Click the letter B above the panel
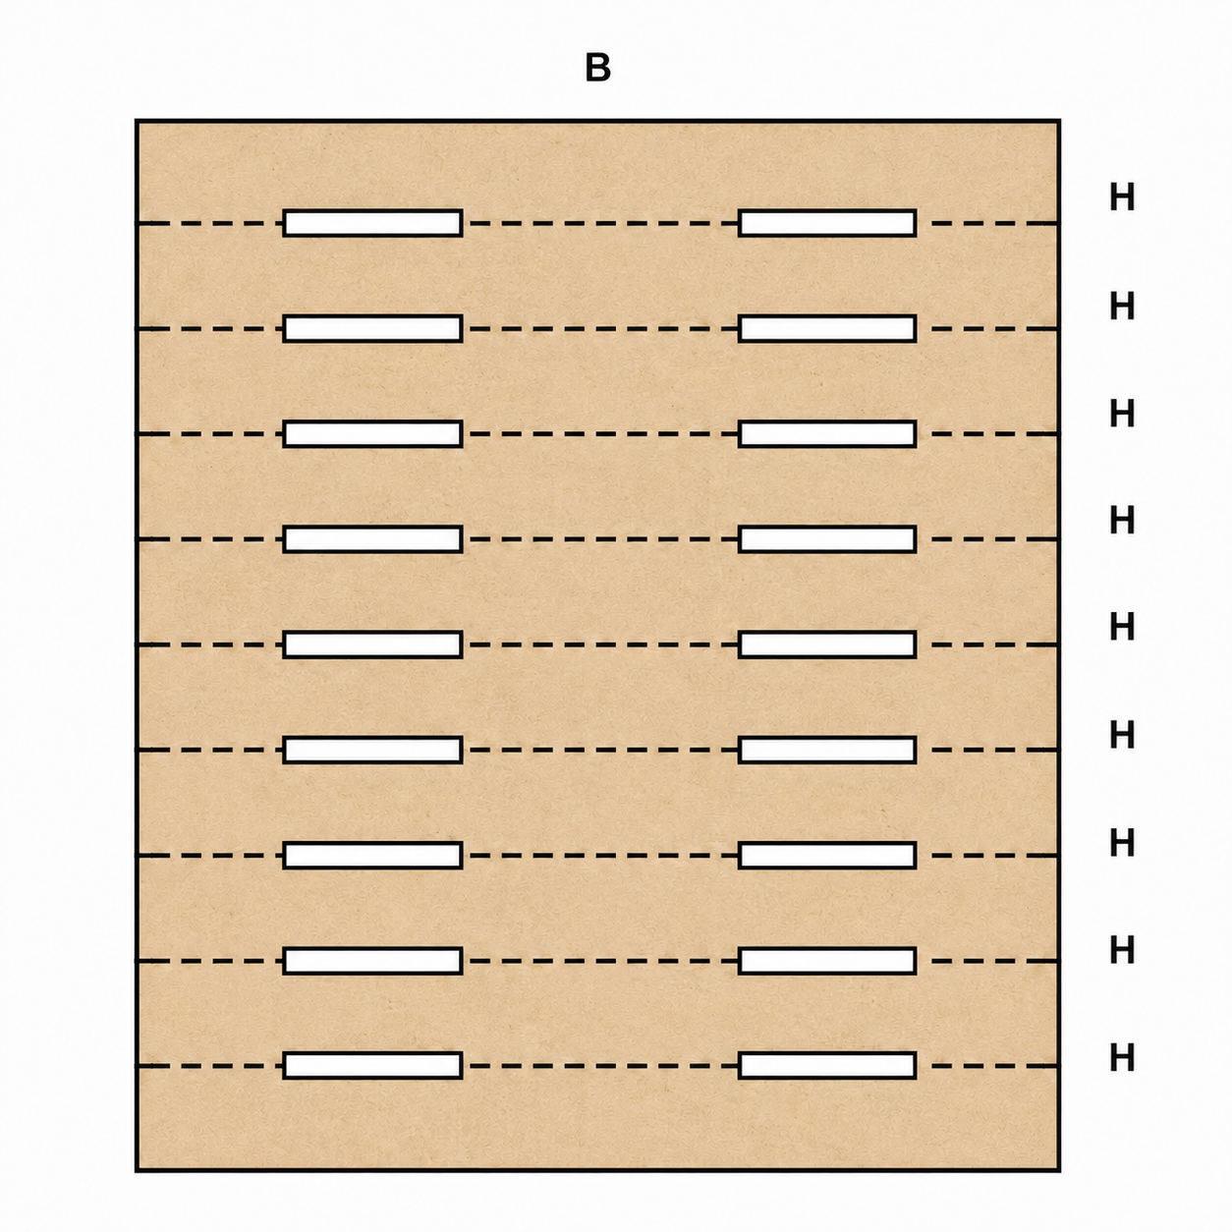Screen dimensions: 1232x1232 pyautogui.click(x=597, y=68)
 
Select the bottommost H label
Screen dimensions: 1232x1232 pyautogui.click(x=1122, y=1057)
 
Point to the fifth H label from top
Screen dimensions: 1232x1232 pyautogui.click(x=1122, y=627)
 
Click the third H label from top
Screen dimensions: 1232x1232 pyautogui.click(x=1122, y=413)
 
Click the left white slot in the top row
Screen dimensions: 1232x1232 pyautogui.click(x=372, y=223)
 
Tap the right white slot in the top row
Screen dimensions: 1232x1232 pyautogui.click(x=827, y=223)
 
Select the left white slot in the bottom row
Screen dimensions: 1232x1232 pyautogui.click(x=372, y=1065)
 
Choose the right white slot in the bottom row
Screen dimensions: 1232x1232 pyautogui.click(x=827, y=1065)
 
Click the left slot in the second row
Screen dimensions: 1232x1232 pyautogui.click(x=372, y=328)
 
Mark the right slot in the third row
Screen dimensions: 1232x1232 pyautogui.click(x=827, y=433)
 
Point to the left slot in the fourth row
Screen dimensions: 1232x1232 pyautogui.click(x=372, y=539)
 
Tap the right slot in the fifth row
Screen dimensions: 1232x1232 pyautogui.click(x=827, y=644)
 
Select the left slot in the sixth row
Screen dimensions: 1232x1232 pyautogui.click(x=372, y=750)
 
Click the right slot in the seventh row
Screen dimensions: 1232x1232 pyautogui.click(x=827, y=855)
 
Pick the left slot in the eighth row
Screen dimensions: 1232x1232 pyautogui.click(x=372, y=960)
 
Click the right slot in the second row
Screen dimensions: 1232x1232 pyautogui.click(x=827, y=328)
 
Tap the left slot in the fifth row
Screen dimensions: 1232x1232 pyautogui.click(x=372, y=644)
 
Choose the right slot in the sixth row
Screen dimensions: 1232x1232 pyautogui.click(x=827, y=750)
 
